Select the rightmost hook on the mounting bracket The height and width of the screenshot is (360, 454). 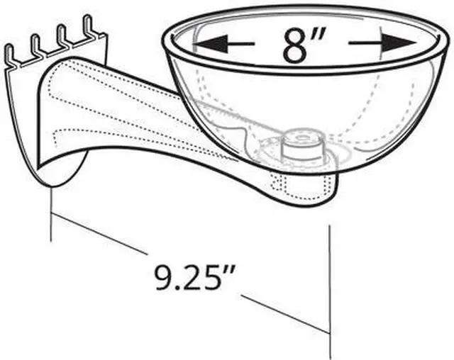tap(89, 27)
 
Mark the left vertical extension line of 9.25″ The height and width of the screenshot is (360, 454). tap(50, 213)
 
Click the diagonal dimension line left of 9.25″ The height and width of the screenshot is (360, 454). tap(99, 233)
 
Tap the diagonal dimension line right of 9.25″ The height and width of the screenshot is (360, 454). tap(284, 311)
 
